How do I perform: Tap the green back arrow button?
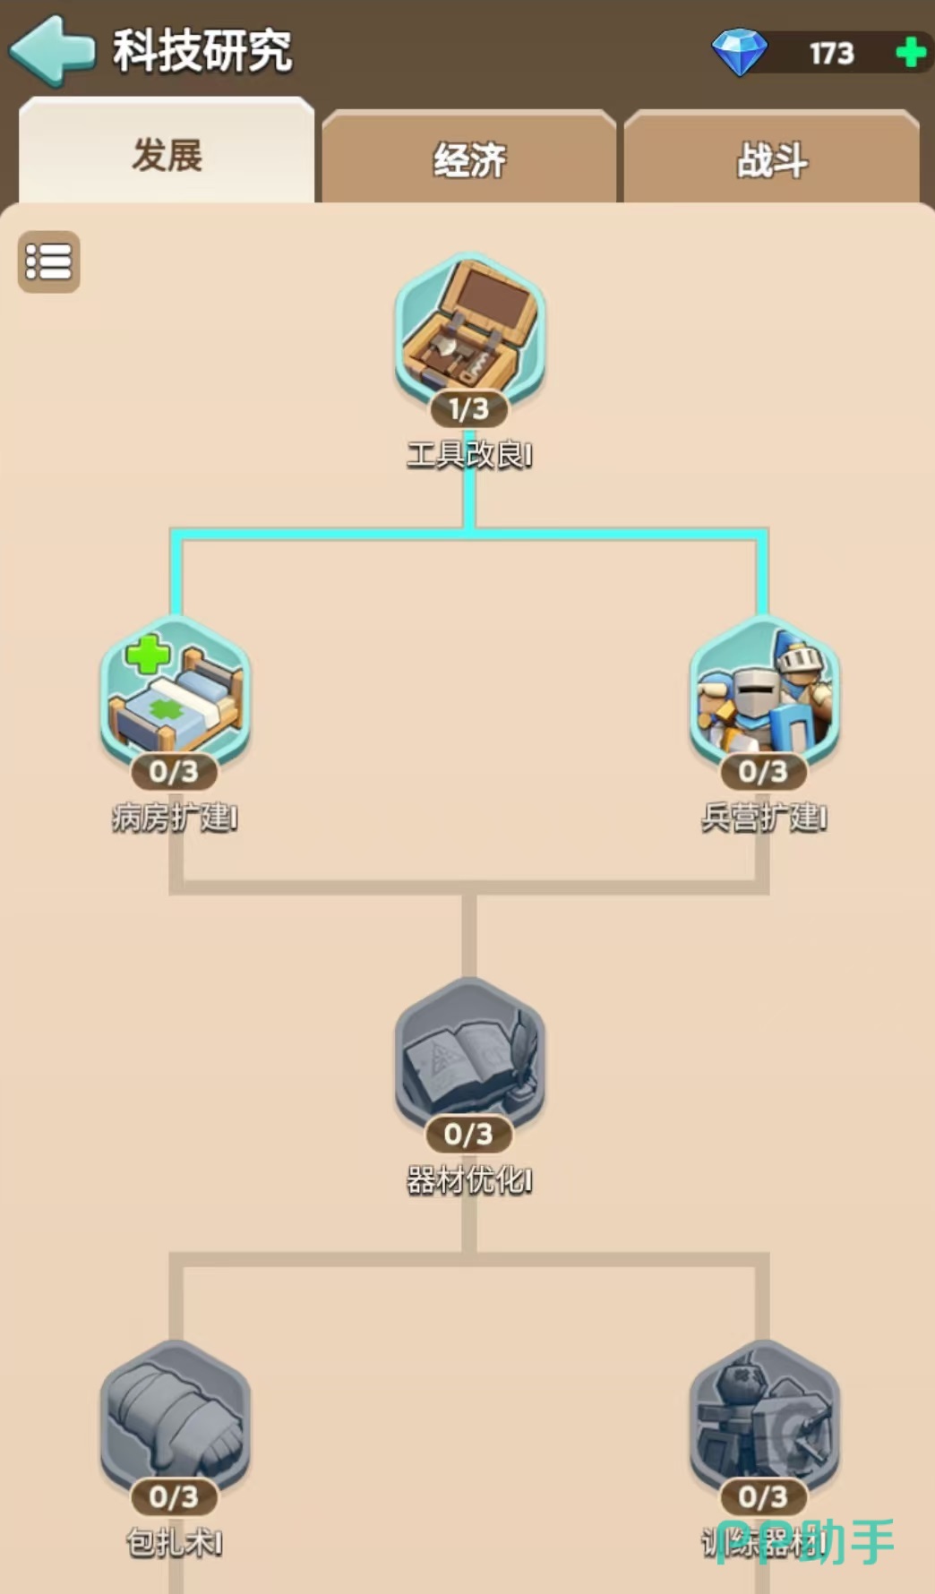(52, 51)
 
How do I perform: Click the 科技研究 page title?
(202, 51)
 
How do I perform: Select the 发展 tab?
(167, 155)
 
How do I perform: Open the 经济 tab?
(469, 160)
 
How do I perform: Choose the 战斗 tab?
(772, 160)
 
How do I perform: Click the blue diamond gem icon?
(739, 52)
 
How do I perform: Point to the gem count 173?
(831, 54)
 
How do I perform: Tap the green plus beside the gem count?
(911, 53)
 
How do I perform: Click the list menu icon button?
(48, 261)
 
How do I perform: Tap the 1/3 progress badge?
(468, 409)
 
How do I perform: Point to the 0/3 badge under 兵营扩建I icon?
(763, 771)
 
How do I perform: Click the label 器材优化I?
(469, 1181)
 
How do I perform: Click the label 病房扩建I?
(175, 818)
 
